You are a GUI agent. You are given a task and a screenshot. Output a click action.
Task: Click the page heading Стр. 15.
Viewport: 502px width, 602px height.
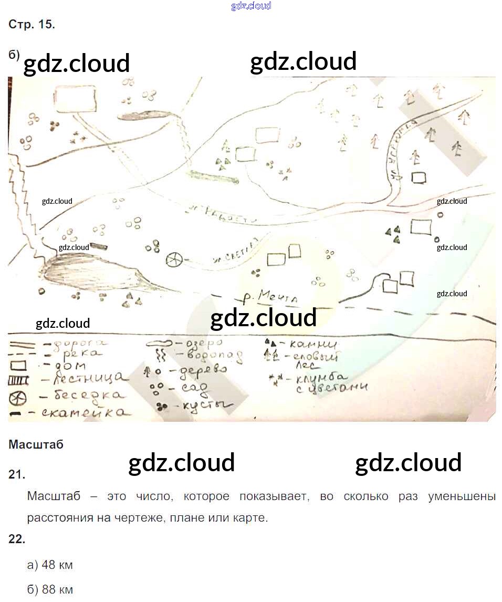[x=32, y=24]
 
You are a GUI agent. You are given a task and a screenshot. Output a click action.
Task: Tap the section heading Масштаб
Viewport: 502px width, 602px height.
[x=36, y=444]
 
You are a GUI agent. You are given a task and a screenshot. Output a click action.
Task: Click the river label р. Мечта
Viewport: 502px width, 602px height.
[x=270, y=298]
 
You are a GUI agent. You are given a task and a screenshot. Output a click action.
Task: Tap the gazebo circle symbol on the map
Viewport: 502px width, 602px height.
[x=174, y=260]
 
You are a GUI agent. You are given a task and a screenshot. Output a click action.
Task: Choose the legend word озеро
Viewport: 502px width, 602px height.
[x=207, y=342]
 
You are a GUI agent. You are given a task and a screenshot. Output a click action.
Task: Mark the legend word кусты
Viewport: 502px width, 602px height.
[x=203, y=406]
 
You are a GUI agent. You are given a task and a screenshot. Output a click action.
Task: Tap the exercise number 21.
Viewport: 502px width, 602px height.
[x=16, y=474]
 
